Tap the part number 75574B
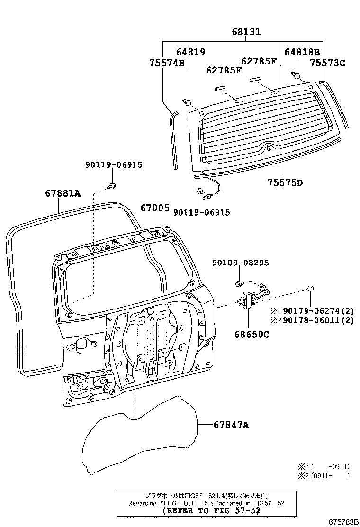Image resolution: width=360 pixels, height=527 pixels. [x=166, y=62]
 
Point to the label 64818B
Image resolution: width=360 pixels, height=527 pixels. [x=302, y=52]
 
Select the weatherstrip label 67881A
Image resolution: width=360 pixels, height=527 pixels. [x=63, y=193]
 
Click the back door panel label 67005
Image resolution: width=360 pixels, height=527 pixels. [x=154, y=208]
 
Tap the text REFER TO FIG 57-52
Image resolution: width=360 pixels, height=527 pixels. [x=211, y=511]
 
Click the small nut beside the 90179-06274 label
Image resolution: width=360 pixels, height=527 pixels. [x=309, y=288]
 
